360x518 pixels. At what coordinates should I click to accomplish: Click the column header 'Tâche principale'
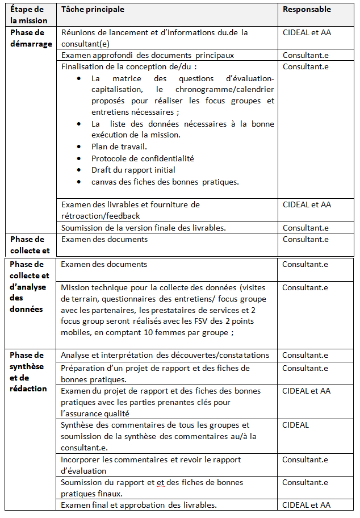(93, 10)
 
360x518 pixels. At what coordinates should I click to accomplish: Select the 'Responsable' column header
(307, 10)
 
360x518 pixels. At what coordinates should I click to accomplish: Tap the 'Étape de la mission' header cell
(29, 15)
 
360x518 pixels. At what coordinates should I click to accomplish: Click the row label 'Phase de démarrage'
(31, 38)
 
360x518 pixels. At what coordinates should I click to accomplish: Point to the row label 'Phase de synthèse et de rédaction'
(28, 372)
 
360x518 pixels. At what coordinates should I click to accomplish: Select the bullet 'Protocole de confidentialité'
(143, 158)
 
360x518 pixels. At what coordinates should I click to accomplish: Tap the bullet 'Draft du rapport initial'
(133, 170)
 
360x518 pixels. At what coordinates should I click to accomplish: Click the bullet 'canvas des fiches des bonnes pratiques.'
(165, 182)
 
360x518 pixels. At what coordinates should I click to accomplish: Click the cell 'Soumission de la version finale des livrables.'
(144, 228)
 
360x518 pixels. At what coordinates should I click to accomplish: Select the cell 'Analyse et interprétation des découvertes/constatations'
(165, 355)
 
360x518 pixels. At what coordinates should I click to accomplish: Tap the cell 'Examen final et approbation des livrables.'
(139, 505)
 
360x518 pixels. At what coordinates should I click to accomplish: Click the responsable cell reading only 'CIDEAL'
(296, 425)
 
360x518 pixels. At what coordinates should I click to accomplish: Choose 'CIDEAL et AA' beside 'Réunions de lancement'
(307, 32)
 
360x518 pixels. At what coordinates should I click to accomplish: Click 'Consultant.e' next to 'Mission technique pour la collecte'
(305, 287)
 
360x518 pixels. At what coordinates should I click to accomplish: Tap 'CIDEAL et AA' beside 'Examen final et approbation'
(307, 505)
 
